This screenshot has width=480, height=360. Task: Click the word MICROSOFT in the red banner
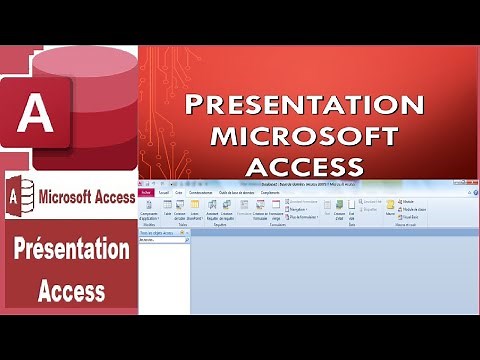(308, 134)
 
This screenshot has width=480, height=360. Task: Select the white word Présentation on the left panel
(71, 250)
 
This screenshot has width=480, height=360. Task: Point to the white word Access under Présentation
(71, 291)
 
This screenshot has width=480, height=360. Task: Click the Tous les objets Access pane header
(163, 233)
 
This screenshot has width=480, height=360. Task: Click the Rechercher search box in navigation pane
(162, 241)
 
